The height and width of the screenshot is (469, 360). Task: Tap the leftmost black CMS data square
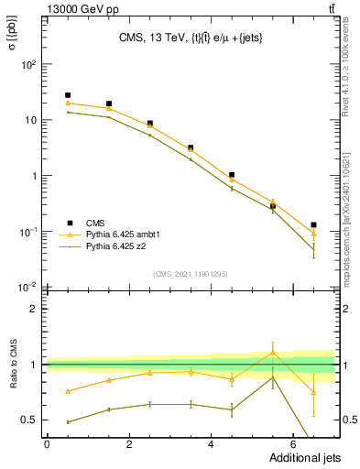[x=68, y=95]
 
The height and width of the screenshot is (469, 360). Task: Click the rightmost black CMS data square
[x=313, y=224]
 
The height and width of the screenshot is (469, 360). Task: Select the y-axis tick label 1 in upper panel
[x=32, y=176]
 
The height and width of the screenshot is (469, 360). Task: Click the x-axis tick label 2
[x=129, y=445]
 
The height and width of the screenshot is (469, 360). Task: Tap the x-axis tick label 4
[x=212, y=445]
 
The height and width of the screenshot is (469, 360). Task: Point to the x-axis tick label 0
[x=47, y=445]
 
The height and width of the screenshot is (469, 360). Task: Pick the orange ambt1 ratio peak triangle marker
[x=272, y=353]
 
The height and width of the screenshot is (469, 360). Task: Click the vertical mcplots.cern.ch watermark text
[x=351, y=211]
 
